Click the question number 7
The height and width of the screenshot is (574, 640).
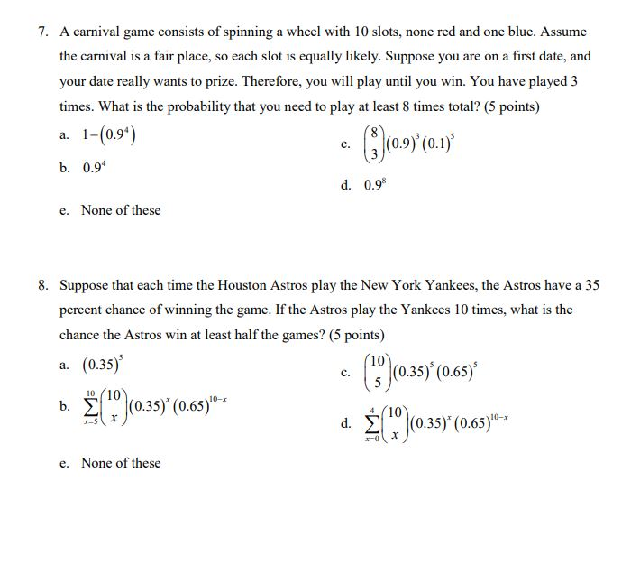[x=42, y=31]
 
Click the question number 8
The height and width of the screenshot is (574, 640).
[x=42, y=285]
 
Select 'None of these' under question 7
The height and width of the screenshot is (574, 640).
[x=121, y=210]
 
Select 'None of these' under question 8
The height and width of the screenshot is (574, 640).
[x=121, y=463]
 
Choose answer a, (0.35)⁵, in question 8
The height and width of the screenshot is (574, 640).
[x=98, y=366]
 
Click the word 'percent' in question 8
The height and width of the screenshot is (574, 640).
[x=82, y=310]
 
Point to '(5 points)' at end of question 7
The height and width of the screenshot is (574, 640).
[x=511, y=106]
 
